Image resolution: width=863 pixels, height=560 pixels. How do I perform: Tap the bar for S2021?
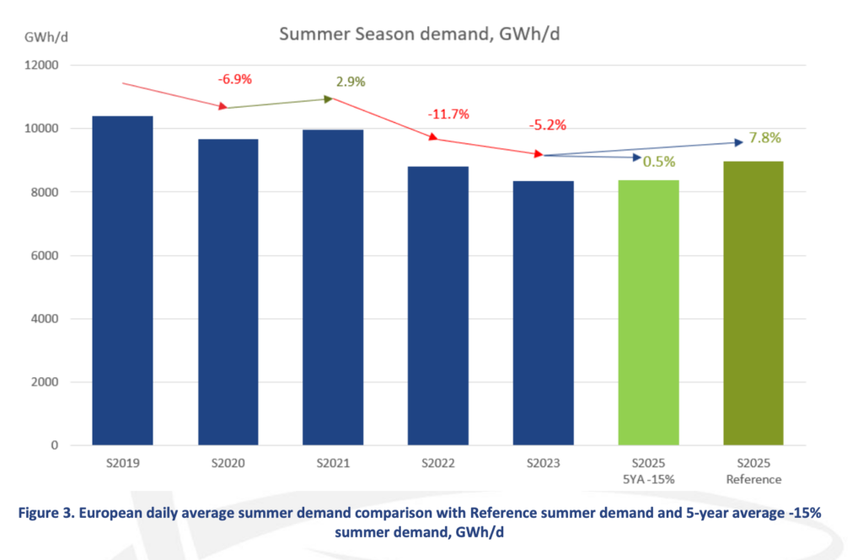[x=333, y=287]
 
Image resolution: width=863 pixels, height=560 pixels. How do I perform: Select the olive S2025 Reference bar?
[x=753, y=303]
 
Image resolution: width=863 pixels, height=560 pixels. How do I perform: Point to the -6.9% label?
[x=235, y=79]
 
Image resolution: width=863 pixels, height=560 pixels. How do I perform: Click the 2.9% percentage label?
[x=351, y=82]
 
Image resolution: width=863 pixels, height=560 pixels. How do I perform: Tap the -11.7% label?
[x=448, y=114]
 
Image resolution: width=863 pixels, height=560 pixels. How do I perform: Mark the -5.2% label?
[x=547, y=125]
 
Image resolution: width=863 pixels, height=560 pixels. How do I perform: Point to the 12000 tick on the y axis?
[x=41, y=66]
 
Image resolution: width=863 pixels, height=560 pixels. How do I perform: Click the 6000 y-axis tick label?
[x=44, y=256]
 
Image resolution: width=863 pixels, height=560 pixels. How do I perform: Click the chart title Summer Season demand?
[x=425, y=35]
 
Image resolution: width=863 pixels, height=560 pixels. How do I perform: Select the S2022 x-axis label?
[x=438, y=464]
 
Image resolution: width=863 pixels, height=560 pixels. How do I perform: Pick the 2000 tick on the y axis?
[x=44, y=382]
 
